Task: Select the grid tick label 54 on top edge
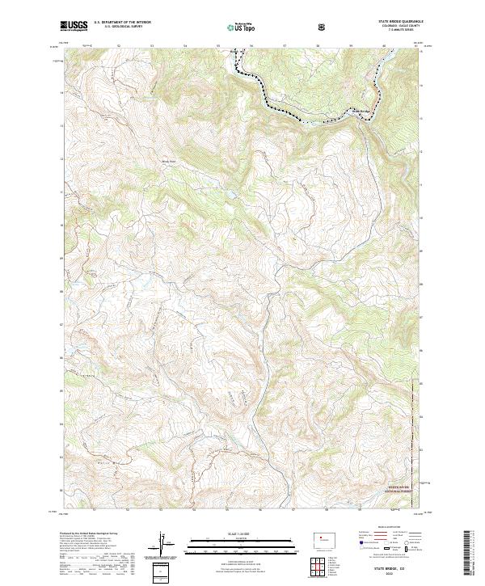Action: [x=185, y=45]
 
